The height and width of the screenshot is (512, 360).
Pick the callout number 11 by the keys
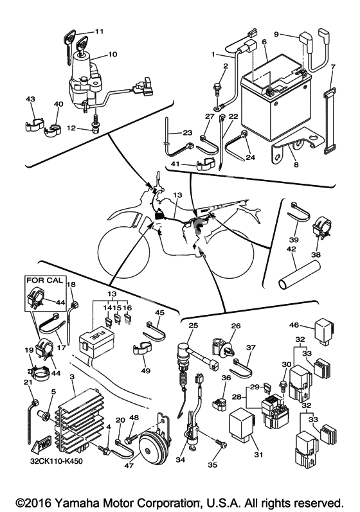(99, 31)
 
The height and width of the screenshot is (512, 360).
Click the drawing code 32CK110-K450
(55, 461)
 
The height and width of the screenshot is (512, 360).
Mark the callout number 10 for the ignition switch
(112, 54)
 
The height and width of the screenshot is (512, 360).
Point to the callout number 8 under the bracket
(296, 165)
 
